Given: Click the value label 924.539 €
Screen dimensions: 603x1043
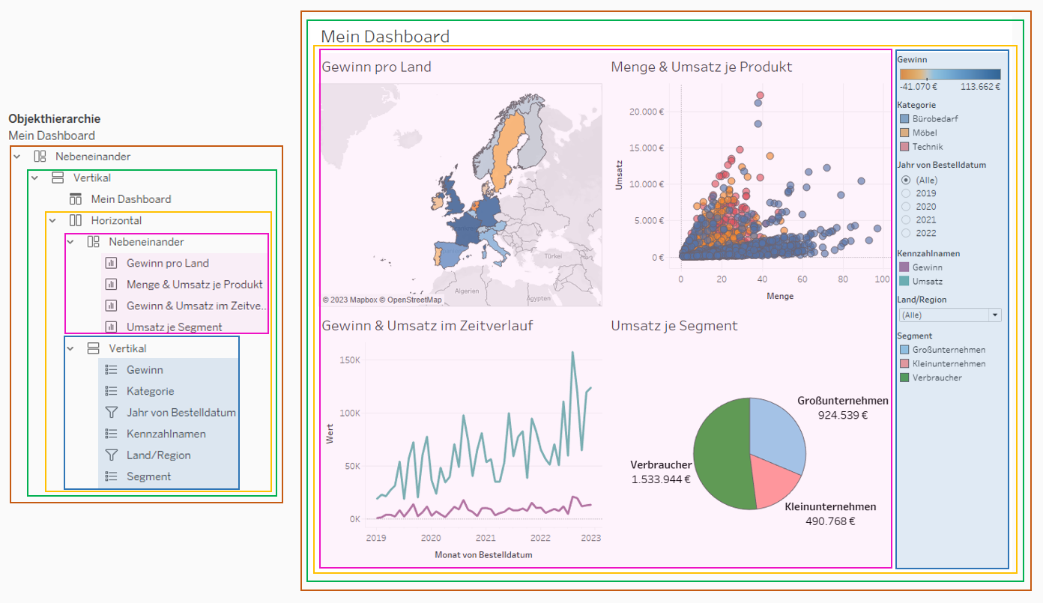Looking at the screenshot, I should (843, 414).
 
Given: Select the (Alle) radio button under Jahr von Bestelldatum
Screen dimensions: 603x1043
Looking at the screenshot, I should (906, 180).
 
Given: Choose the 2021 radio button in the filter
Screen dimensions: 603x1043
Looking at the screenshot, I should (906, 220).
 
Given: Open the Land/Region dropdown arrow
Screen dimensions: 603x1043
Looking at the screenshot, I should (995, 315).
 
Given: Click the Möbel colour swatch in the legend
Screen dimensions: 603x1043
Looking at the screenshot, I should (904, 133).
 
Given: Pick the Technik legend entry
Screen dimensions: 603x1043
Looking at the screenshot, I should (927, 147).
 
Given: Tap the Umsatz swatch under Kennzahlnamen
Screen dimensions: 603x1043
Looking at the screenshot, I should (904, 281).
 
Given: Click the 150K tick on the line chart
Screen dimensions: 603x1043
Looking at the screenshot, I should (350, 360).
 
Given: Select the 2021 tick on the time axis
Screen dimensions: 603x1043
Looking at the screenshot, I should (486, 538).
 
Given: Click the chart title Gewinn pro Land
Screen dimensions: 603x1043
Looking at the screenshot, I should (376, 67).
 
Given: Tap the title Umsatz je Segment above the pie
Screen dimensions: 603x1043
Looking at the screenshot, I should (674, 326).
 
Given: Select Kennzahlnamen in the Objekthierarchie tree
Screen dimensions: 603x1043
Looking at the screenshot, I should (166, 434).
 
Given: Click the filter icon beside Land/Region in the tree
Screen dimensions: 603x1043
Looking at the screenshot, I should (112, 455).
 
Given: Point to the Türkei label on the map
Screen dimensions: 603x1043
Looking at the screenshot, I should (553, 255).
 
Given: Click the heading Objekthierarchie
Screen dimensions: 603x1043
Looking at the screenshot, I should (54, 118).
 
